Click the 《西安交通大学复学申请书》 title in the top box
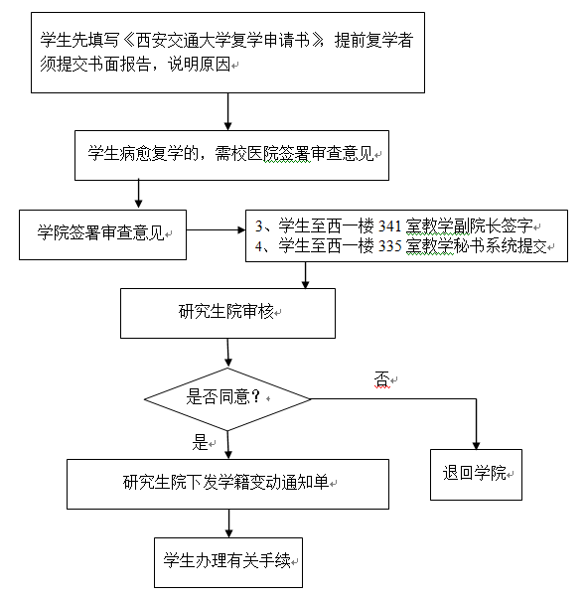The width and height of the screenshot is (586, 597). coord(223,40)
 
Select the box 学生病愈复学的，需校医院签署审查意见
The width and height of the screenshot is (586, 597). coord(231,155)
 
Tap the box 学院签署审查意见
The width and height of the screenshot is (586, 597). coord(103,234)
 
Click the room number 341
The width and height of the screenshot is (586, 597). coord(389,226)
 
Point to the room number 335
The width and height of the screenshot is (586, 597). coord(389,246)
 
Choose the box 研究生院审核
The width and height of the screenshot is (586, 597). coord(227,313)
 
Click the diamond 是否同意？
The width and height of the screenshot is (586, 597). coord(227,399)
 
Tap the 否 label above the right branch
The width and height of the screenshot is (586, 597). coord(382,379)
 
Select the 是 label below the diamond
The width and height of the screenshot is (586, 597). coord(200,442)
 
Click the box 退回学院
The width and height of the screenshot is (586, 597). coord(476,475)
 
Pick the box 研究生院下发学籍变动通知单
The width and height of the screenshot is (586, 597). coord(227,484)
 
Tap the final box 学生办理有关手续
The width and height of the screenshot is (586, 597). coord(228,562)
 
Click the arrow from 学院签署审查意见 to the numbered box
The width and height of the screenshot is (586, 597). coord(216,230)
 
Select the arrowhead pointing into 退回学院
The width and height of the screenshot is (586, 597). coord(476,445)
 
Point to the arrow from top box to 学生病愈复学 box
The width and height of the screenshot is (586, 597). coord(227,111)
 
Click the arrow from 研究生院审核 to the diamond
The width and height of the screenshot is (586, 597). coord(227,353)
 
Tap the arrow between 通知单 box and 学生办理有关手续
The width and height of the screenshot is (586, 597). coord(228,523)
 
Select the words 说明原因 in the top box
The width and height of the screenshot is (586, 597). coord(200,64)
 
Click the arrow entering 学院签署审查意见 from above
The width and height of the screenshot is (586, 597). coord(139,194)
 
